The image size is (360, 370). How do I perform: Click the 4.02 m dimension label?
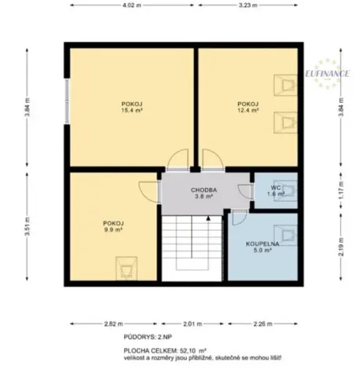pyautogui.click(x=131, y=6)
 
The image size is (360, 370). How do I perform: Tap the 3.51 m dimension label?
pyautogui.click(x=27, y=227)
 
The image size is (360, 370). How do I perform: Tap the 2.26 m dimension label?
pyautogui.click(x=263, y=323)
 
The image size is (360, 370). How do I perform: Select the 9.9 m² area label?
pyautogui.click(x=113, y=230)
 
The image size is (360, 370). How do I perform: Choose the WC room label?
pyautogui.click(x=275, y=187)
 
